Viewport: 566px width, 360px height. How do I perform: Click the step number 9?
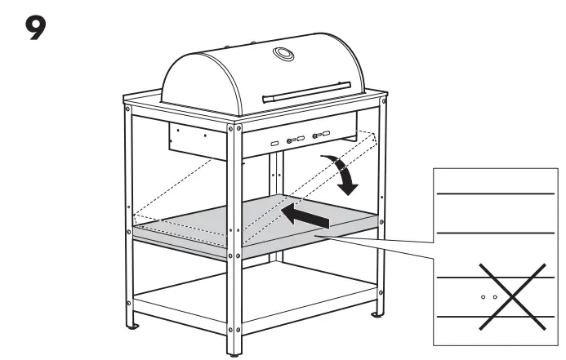[35, 28]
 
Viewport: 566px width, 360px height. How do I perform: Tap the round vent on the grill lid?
[283, 54]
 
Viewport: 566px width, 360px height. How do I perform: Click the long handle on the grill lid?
[306, 92]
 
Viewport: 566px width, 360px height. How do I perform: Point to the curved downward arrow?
[342, 174]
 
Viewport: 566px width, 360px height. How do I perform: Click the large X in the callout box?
[512, 296]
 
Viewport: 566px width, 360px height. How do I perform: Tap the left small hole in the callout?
[484, 297]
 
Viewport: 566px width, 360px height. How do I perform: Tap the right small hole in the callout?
[495, 297]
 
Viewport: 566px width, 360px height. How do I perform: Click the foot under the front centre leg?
[234, 355]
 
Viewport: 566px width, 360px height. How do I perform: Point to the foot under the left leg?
[133, 327]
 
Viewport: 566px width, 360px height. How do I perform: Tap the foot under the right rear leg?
[377, 315]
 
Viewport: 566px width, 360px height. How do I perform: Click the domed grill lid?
[264, 74]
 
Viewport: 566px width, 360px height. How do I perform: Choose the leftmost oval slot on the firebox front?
[274, 144]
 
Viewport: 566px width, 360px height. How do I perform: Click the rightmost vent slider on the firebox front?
[321, 135]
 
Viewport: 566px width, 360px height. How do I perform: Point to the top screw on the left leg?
[127, 109]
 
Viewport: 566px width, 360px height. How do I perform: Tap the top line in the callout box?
[495, 194]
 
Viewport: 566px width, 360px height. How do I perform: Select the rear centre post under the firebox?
[276, 206]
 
